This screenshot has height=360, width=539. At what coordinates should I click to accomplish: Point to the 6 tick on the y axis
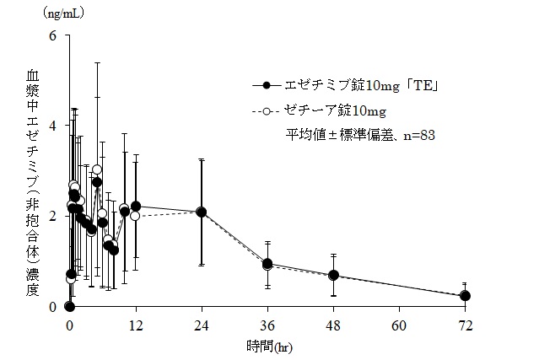[52, 35]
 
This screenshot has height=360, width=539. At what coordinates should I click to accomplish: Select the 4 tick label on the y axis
[52, 126]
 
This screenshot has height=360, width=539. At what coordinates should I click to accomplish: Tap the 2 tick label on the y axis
[52, 216]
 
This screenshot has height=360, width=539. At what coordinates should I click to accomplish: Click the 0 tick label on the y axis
[52, 306]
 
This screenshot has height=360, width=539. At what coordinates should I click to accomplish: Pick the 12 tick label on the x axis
[135, 325]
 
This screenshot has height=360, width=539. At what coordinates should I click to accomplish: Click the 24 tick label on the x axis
[202, 325]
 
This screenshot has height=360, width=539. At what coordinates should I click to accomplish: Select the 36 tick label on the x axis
[267, 325]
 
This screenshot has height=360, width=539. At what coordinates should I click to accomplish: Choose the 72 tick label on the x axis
[465, 325]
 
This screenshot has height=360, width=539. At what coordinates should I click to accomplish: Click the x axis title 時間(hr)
[267, 346]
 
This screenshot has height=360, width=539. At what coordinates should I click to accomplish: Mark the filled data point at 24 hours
[202, 212]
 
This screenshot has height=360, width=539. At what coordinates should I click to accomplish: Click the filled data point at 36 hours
[267, 264]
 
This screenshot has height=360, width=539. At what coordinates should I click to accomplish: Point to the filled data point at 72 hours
[465, 296]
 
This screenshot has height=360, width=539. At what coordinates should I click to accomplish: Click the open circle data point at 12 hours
[135, 216]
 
